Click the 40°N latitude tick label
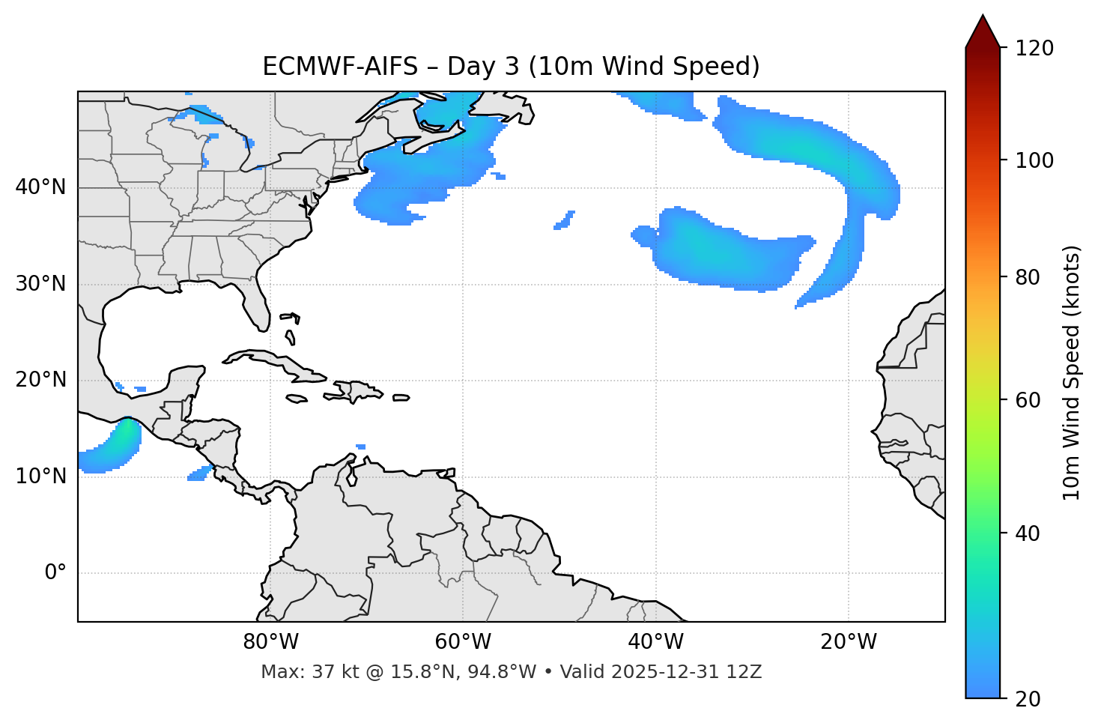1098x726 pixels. [x=40, y=187]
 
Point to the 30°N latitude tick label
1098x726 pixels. [x=40, y=284]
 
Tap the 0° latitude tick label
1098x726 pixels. [x=55, y=573]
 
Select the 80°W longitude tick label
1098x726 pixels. [x=270, y=642]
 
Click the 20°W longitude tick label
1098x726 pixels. [x=849, y=642]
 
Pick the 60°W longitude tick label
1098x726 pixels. [x=463, y=642]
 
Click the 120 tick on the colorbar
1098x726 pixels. [x=1034, y=49]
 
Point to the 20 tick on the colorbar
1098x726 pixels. [x=1028, y=698]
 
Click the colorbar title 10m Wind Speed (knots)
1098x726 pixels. [x=1072, y=372]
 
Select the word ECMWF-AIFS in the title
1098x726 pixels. [x=339, y=67]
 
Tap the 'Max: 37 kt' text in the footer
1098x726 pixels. [x=299, y=672]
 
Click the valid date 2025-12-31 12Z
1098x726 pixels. [x=686, y=672]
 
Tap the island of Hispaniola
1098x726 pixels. [x=356, y=391]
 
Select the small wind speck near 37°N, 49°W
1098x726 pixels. [x=564, y=220]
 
